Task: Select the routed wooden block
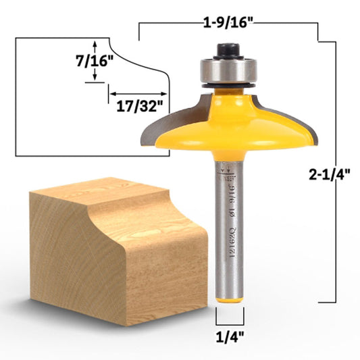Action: point(115,250)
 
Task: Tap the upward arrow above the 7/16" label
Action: point(95,44)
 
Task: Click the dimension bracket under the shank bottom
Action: point(228,315)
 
